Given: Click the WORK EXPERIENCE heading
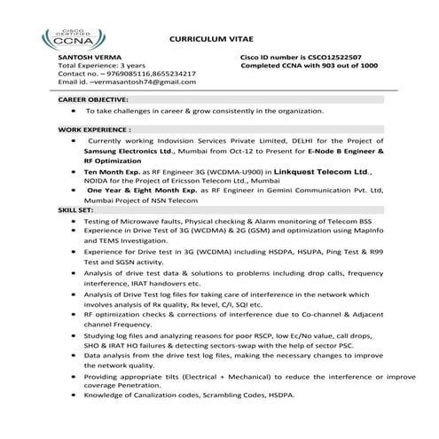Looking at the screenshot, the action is click(x=89, y=129).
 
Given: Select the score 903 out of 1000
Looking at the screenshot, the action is click(x=348, y=65).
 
